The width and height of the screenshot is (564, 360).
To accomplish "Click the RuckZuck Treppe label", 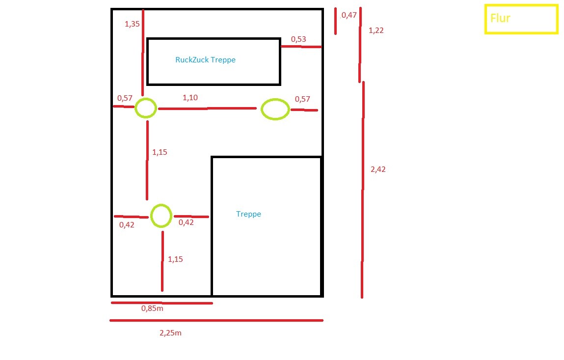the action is click(x=205, y=60).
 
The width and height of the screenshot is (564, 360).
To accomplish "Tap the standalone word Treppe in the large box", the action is click(x=248, y=214).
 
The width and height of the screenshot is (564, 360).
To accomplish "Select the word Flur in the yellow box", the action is click(x=500, y=18).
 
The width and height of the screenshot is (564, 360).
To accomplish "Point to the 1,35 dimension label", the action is click(x=132, y=24).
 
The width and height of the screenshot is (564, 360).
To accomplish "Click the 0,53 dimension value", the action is click(x=298, y=39).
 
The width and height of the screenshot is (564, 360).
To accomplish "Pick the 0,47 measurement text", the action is click(x=349, y=15).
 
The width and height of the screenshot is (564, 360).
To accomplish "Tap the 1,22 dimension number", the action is click(x=376, y=30).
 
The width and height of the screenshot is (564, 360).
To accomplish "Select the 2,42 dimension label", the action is click(x=378, y=169).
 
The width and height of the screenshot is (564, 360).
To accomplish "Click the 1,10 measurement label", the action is click(x=190, y=98).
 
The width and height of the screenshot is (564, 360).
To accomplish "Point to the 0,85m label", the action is click(x=152, y=308).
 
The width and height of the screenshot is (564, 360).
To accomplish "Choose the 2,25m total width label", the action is click(x=170, y=333).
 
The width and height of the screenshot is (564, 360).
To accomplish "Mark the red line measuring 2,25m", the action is click(x=216, y=320).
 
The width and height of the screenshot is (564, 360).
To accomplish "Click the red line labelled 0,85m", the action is click(x=162, y=303).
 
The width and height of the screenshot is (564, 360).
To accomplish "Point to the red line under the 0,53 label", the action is click(x=301, y=47).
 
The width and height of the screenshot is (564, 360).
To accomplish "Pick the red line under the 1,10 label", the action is click(x=207, y=109).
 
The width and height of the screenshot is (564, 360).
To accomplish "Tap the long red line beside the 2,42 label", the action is click(x=363, y=190).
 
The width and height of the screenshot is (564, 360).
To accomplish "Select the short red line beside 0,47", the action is click(x=336, y=21).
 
